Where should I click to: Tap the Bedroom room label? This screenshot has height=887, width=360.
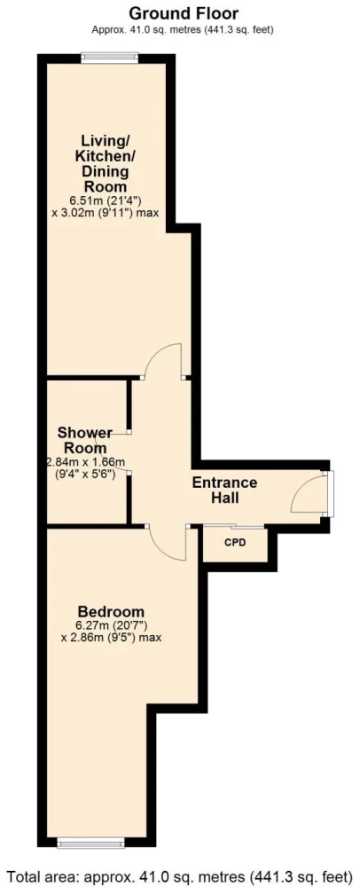[112, 611]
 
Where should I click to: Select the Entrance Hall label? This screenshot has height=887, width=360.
[224, 491]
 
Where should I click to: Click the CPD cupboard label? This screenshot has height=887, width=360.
[235, 543]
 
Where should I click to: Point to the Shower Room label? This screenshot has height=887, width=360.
[85, 440]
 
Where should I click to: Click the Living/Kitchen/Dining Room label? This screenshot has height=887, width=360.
[105, 163]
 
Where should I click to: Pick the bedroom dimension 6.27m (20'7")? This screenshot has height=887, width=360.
[112, 625]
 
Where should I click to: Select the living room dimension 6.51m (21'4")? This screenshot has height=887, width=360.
[105, 200]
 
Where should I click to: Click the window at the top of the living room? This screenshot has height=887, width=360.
[110, 58]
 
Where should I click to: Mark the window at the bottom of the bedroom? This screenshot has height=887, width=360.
[91, 844]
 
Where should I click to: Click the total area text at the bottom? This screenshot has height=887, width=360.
[180, 877]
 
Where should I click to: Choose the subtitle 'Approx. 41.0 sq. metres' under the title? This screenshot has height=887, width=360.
[139, 30]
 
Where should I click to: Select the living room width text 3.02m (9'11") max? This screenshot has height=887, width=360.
[105, 213]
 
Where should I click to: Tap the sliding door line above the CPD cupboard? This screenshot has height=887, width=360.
[233, 527]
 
